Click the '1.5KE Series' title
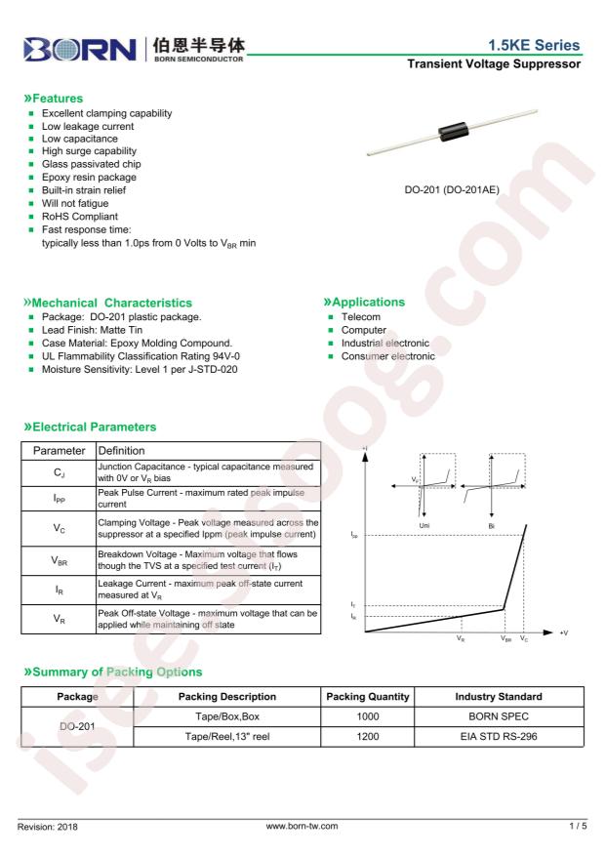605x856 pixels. (x=535, y=46)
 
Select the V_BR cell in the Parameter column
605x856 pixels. (x=58, y=560)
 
